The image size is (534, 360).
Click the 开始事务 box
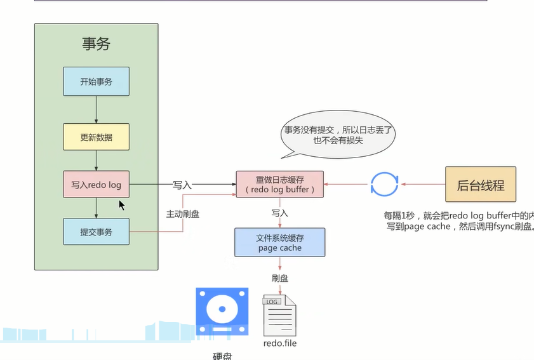[96, 82]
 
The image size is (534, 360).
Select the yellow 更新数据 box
[96, 137]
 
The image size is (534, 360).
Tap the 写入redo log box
[96, 185]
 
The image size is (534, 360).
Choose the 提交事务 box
[96, 232]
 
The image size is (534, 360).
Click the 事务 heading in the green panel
[96, 44]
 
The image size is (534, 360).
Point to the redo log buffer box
[279, 184]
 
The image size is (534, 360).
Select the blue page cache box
[279, 243]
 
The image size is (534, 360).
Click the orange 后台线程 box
[480, 185]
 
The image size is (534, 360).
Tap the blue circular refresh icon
[384, 185]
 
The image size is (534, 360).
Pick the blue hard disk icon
[222, 311]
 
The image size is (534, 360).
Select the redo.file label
[279, 343]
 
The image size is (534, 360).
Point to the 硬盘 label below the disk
[222, 356]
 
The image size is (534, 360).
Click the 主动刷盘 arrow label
[182, 214]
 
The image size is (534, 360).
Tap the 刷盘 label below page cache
[279, 278]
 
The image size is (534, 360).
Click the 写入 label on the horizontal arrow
[182, 185]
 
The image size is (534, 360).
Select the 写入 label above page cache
[279, 213]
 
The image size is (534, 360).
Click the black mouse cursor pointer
[121, 204]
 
